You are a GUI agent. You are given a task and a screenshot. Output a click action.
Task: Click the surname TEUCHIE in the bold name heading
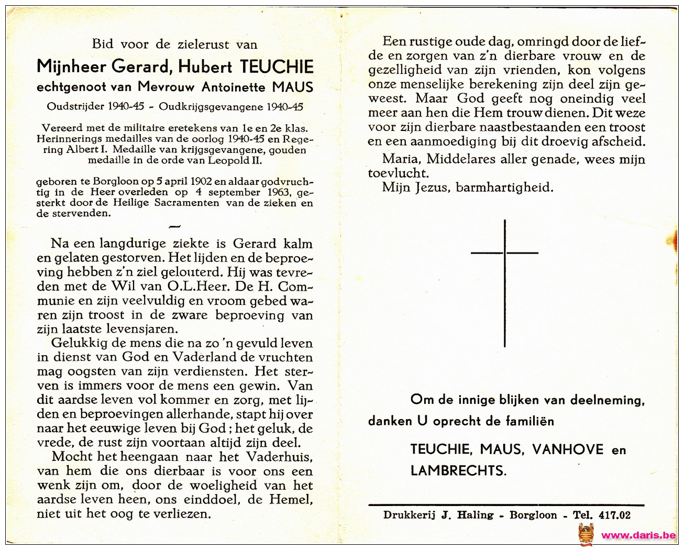(x=276, y=67)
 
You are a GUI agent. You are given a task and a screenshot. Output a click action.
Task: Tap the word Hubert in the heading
(x=205, y=67)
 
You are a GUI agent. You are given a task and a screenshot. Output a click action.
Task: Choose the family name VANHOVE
(x=568, y=449)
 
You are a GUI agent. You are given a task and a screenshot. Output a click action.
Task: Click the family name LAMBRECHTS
(x=458, y=470)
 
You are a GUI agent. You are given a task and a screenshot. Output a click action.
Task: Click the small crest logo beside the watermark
(x=586, y=535)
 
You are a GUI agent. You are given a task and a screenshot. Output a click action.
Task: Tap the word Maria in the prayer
(x=400, y=159)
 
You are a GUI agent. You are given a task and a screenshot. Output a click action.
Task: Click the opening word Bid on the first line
(x=103, y=44)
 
